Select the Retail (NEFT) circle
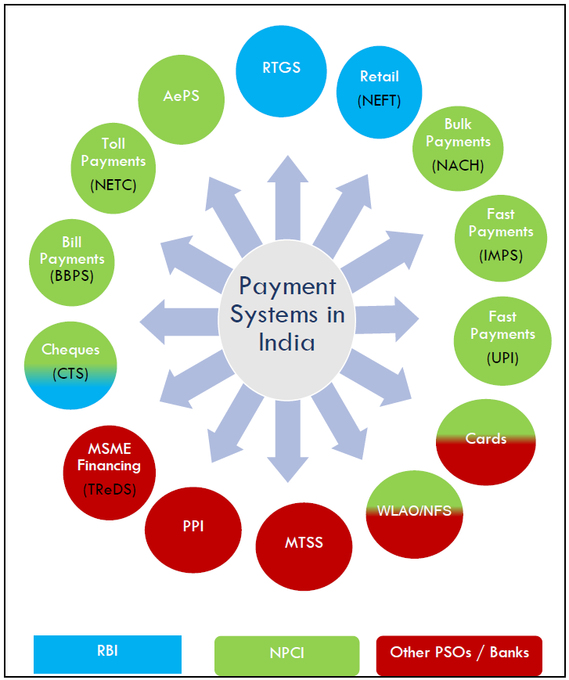coord(380,88)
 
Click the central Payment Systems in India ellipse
coord(287,315)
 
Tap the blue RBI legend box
coord(107,653)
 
